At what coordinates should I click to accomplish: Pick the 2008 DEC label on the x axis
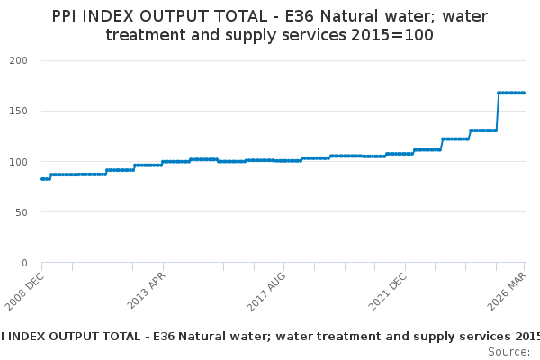25,290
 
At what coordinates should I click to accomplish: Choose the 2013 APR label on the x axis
146,290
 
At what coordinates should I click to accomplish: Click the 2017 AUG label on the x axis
267,290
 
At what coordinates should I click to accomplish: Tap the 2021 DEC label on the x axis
388,290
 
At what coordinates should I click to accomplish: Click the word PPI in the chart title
68,16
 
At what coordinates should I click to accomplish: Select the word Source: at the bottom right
509,351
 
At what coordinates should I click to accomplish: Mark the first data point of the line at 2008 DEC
42,179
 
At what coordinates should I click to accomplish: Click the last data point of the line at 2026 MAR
524,93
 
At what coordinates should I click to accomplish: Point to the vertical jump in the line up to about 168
498,112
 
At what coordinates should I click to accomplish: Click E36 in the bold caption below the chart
164,336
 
